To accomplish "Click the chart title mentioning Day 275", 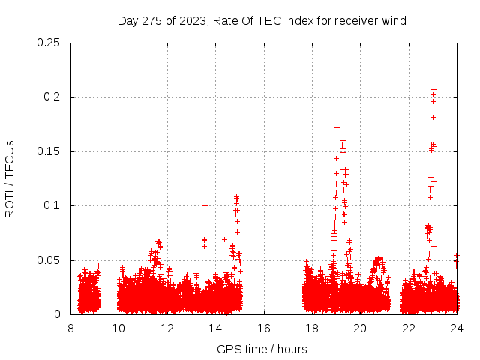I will pyautogui.click(x=262, y=20).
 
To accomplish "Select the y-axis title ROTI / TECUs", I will pyautogui.click(x=10, y=178).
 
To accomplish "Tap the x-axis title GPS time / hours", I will pyautogui.click(x=262, y=349).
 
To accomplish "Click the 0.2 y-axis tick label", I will pyautogui.click(x=55, y=97).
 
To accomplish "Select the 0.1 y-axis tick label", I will pyautogui.click(x=55, y=205).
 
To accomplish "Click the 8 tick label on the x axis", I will pyautogui.click(x=70, y=328).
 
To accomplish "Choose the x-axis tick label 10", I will pyautogui.click(x=118, y=328).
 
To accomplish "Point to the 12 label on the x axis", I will pyautogui.click(x=167, y=328).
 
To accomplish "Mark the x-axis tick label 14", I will pyautogui.click(x=215, y=328).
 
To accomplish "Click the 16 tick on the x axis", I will pyautogui.click(x=263, y=328).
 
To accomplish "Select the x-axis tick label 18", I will pyautogui.click(x=312, y=328).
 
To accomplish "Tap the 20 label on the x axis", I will pyautogui.click(x=360, y=328).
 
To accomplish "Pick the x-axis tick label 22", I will pyautogui.click(x=408, y=328).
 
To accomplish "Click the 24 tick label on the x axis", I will pyautogui.click(x=456, y=328).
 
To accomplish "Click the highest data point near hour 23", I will pyautogui.click(x=433, y=89).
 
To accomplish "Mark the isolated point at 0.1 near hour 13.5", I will pyautogui.click(x=205, y=205).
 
